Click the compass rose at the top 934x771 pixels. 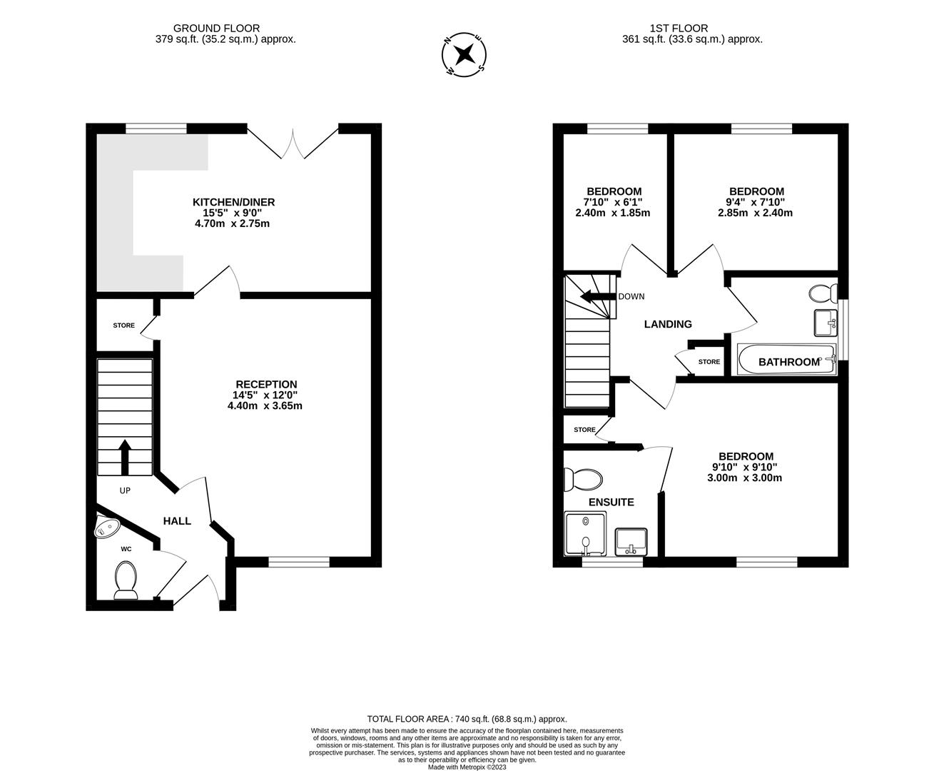pyautogui.click(x=465, y=54)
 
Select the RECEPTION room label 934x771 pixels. pyautogui.click(x=266, y=384)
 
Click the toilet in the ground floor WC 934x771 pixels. pyautogui.click(x=126, y=578)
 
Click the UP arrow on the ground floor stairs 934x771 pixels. pyautogui.click(x=125, y=457)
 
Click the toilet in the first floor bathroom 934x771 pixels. pyautogui.click(x=825, y=293)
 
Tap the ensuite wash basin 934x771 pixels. pyautogui.click(x=631, y=540)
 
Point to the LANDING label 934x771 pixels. pyautogui.click(x=668, y=324)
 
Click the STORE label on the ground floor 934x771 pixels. pyautogui.click(x=123, y=326)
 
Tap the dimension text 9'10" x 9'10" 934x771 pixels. pyautogui.click(x=745, y=467)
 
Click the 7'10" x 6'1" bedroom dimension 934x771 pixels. pyautogui.click(x=614, y=202)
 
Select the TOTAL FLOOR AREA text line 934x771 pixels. pyautogui.click(x=467, y=719)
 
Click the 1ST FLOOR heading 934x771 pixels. pyautogui.click(x=679, y=29)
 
